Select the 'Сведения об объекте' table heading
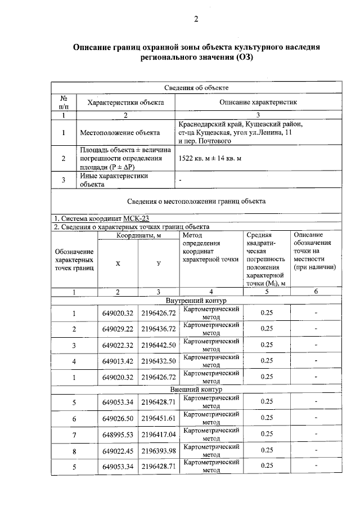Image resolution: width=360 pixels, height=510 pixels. click(196, 87)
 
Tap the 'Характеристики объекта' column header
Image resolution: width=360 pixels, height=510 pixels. click(125, 102)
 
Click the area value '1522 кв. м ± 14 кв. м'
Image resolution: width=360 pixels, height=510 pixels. click(210, 159)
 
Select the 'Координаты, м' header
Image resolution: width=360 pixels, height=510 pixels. click(139, 235)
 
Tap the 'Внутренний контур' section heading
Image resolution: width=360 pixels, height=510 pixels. click(196, 301)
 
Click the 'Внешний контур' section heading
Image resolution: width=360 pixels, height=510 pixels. click(196, 390)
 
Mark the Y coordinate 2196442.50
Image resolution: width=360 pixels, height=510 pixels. click(159, 345)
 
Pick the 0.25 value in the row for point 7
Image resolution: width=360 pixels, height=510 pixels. click(267, 434)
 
